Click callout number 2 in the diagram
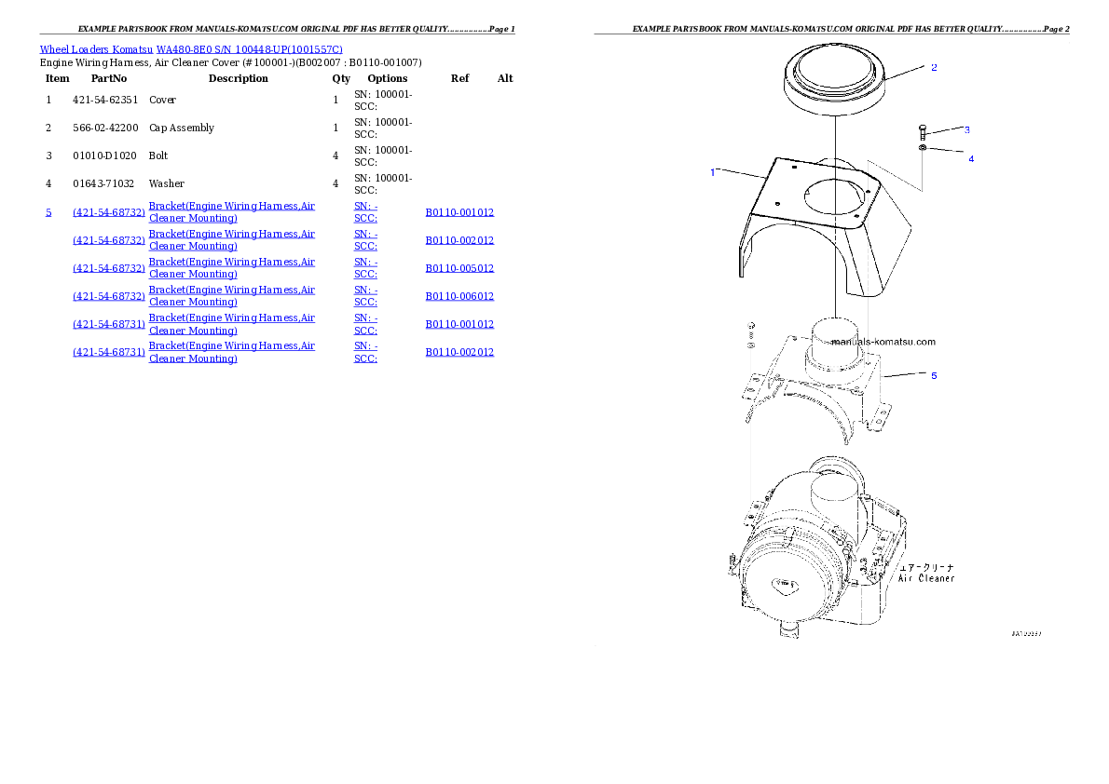934,67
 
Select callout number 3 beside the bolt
966,129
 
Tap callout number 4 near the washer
970,159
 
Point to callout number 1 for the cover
713,172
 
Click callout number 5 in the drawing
934,375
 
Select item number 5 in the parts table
48,212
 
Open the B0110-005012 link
459,268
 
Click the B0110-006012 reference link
459,296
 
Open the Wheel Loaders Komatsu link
97,49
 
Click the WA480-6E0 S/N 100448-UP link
250,49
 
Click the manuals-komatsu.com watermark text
883,342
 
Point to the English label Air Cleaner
926,578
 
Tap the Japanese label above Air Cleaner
926,566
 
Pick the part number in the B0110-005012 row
109,268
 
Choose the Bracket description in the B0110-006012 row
232,296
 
